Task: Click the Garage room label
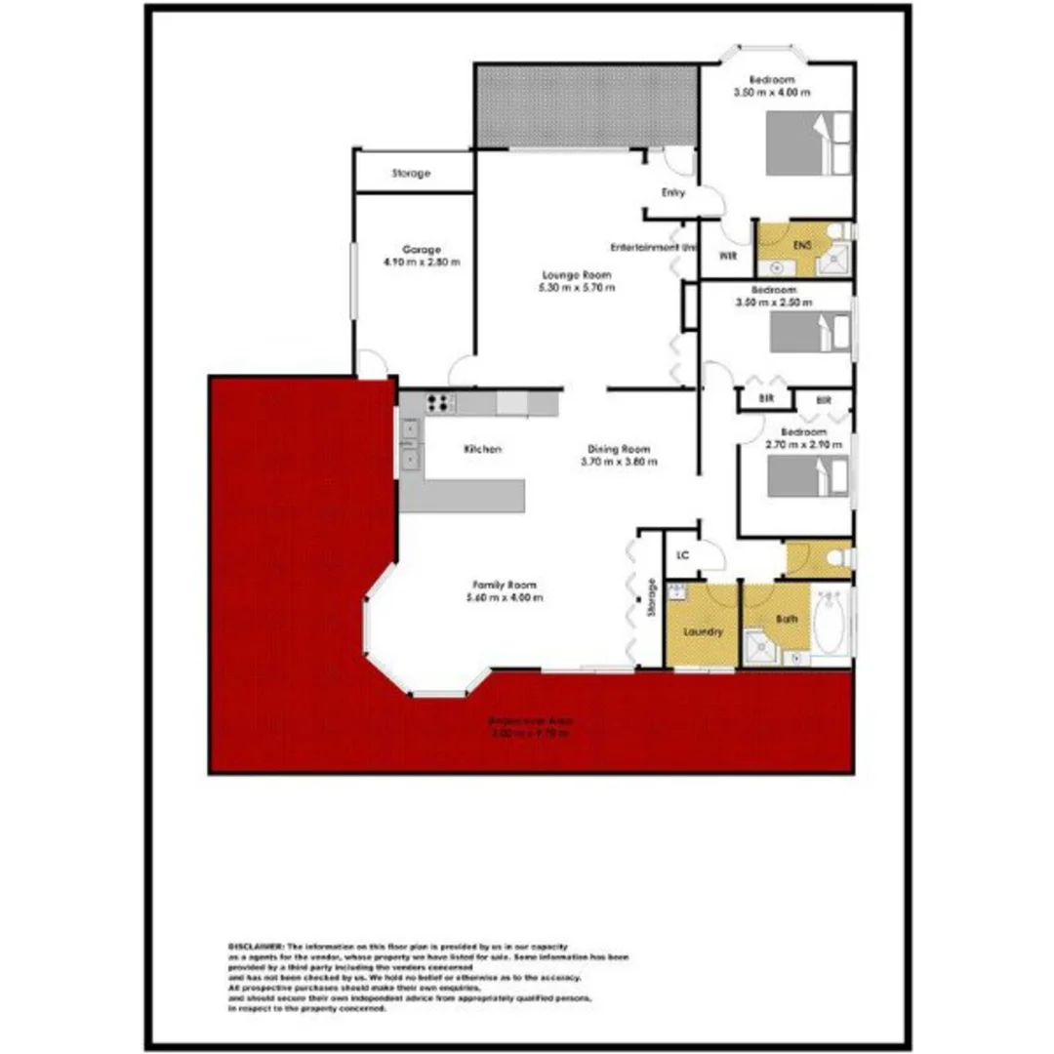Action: click(422, 249)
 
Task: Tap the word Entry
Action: click(673, 193)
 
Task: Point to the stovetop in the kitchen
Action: click(441, 401)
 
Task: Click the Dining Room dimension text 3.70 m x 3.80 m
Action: click(618, 462)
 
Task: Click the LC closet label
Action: click(683, 555)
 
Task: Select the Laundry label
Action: click(703, 631)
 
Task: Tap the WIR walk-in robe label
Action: click(727, 257)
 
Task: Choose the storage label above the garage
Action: click(411, 174)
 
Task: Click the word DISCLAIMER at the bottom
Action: click(255, 947)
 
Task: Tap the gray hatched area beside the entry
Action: click(586, 106)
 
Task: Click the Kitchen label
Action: click(482, 449)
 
